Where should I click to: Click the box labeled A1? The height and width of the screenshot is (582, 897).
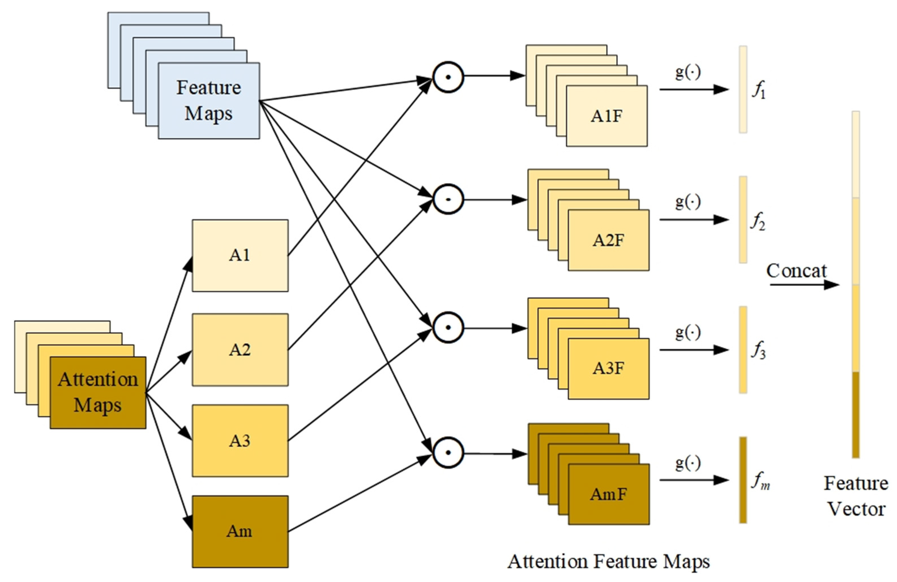pos(240,255)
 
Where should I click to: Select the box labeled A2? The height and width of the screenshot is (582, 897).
pos(240,349)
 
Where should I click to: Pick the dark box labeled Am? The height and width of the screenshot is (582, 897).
pos(240,531)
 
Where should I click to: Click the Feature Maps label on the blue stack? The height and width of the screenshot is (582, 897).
pos(209,101)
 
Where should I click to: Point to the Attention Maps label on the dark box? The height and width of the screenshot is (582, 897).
pos(98,392)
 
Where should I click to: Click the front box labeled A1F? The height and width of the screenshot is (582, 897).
pos(606,116)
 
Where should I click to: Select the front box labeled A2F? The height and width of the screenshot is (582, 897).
pos(608,240)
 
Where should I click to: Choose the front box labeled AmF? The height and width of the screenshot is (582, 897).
pos(608,494)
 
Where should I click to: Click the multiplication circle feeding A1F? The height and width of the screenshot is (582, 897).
pos(448,77)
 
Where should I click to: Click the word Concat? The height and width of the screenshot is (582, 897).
pos(796,271)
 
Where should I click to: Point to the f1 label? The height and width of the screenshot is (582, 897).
pos(758,90)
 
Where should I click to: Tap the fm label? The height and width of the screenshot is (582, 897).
pos(760,481)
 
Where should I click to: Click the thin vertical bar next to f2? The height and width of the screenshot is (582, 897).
pos(743,220)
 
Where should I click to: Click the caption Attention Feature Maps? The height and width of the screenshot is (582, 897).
pos(608,561)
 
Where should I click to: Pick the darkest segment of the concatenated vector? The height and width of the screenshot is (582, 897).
pos(856,415)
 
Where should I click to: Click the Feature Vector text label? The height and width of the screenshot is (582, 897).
pos(856,496)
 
